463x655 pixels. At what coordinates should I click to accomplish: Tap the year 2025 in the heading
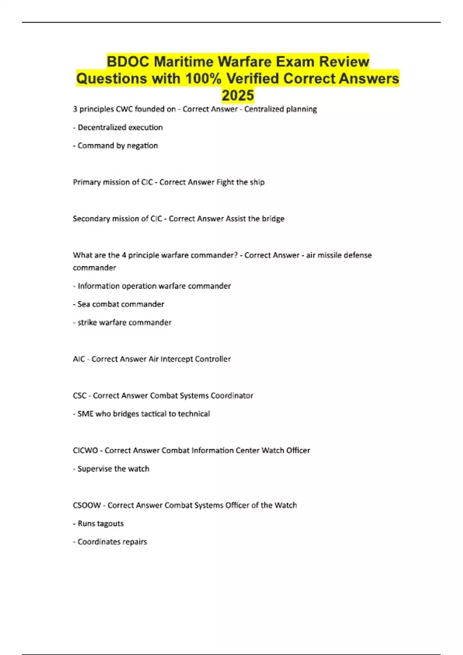coord(238,95)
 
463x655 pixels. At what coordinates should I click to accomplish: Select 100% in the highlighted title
coord(203,79)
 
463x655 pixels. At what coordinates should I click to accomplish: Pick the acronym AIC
coord(79,359)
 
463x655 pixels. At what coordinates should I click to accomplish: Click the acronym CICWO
coord(85,450)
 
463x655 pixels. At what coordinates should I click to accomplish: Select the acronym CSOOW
coord(87,505)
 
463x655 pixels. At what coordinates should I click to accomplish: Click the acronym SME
coord(85,414)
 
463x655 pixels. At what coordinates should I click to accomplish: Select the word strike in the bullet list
coord(87,322)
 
